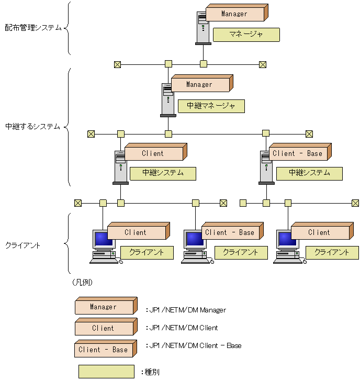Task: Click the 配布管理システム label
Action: [x=33, y=27]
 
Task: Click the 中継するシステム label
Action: [x=32, y=127]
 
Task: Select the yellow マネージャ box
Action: [x=246, y=35]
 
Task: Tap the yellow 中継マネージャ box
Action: [x=211, y=106]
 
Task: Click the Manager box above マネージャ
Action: [x=234, y=14]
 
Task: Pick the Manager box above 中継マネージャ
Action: [x=199, y=84]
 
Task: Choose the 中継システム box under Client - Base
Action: [x=309, y=173]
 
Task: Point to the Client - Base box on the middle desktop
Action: [x=230, y=232]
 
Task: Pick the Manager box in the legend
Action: [x=104, y=307]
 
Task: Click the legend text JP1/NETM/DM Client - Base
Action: [x=195, y=346]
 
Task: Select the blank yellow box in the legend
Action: [x=106, y=372]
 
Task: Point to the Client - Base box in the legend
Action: [x=104, y=350]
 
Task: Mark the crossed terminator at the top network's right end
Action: [x=263, y=64]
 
